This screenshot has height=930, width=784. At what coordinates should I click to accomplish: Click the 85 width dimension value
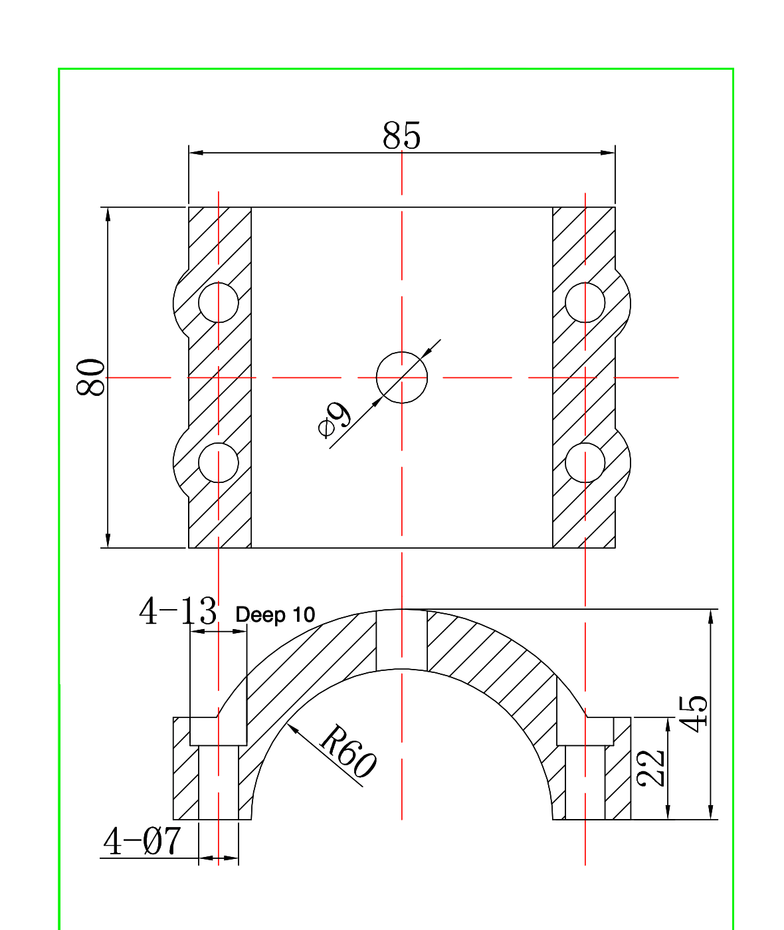(401, 136)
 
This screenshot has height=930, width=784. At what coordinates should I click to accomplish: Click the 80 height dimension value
(92, 377)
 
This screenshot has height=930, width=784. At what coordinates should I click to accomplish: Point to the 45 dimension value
(694, 713)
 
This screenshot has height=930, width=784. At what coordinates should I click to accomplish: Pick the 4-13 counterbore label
(177, 611)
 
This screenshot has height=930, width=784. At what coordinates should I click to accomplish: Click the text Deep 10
(275, 615)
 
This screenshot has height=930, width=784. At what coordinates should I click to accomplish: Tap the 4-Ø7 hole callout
(142, 842)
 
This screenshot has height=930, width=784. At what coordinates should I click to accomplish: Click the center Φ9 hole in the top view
(401, 377)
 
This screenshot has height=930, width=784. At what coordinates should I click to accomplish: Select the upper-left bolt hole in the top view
(219, 303)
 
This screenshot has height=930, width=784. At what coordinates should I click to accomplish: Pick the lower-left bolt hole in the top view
(219, 463)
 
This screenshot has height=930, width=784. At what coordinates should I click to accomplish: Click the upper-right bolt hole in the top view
(585, 303)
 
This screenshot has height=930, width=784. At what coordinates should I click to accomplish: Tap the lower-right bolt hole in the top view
(585, 463)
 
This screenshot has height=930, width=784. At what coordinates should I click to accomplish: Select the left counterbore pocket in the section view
(219, 731)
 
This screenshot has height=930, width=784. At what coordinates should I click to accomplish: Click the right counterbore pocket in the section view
(585, 731)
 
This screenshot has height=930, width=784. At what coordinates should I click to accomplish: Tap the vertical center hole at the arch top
(401, 639)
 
